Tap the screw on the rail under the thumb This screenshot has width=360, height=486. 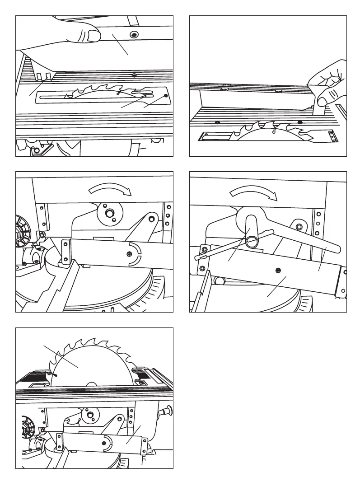pyautogui.click(x=134, y=35)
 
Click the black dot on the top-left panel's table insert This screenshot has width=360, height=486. pyautogui.click(x=167, y=96)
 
